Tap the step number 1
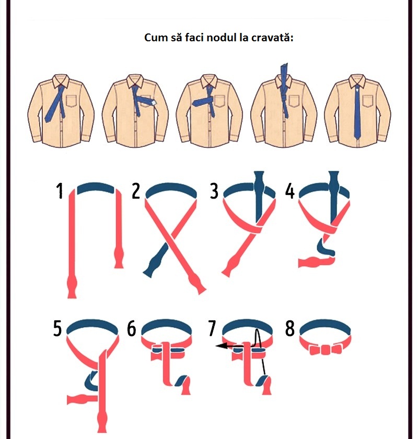pyautogui.click(x=60, y=191)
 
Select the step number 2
pyautogui.click(x=136, y=191)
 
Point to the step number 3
pyautogui.click(x=214, y=191)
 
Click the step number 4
pyautogui.click(x=290, y=191)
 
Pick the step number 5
pyautogui.click(x=57, y=328)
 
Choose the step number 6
pyautogui.click(x=131, y=328)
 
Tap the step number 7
pyautogui.click(x=212, y=328)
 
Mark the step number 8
pyautogui.click(x=290, y=328)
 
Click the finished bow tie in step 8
pyautogui.click(x=326, y=350)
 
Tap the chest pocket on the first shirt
pyautogui.click(x=72, y=101)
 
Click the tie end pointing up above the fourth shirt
pyautogui.click(x=284, y=73)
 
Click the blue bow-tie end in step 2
pyautogui.click(x=155, y=261)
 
